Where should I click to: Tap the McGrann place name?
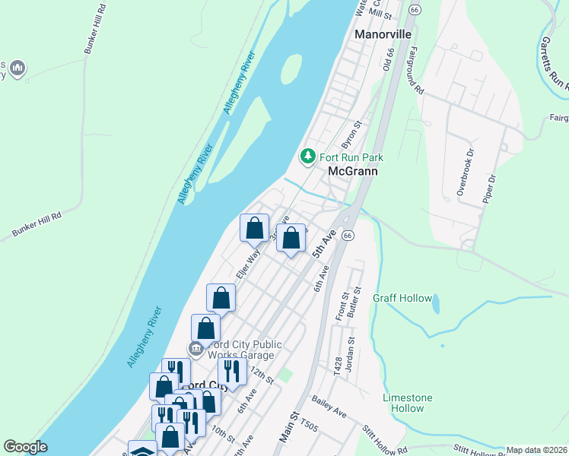(353, 172)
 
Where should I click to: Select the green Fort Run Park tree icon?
(307, 157)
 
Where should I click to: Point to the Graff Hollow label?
(402, 299)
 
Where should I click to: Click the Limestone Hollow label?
(408, 403)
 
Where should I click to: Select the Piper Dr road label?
(488, 189)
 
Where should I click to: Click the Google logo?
(25, 447)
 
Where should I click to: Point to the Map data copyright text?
(536, 450)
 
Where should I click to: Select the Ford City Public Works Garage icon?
(195, 348)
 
